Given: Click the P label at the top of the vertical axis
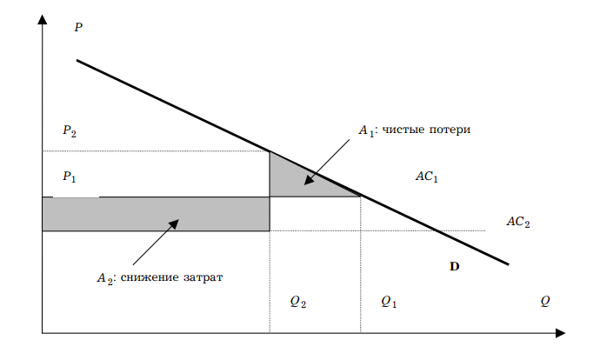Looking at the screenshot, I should click(x=78, y=28).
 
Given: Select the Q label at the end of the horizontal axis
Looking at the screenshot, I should click(x=545, y=301).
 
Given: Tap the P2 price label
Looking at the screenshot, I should click(x=70, y=131).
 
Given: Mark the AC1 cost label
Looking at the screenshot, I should click(x=426, y=177).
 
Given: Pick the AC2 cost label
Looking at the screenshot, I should click(x=517, y=222).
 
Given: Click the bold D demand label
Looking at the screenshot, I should click(x=454, y=267).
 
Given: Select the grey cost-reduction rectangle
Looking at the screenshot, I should click(x=157, y=214).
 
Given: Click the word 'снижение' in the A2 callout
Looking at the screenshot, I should click(x=147, y=278).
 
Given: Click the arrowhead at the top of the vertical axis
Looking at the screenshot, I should click(x=42, y=20).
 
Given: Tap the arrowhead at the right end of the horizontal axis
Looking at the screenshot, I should click(x=561, y=332).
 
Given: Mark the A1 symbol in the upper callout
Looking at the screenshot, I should click(x=366, y=131).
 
